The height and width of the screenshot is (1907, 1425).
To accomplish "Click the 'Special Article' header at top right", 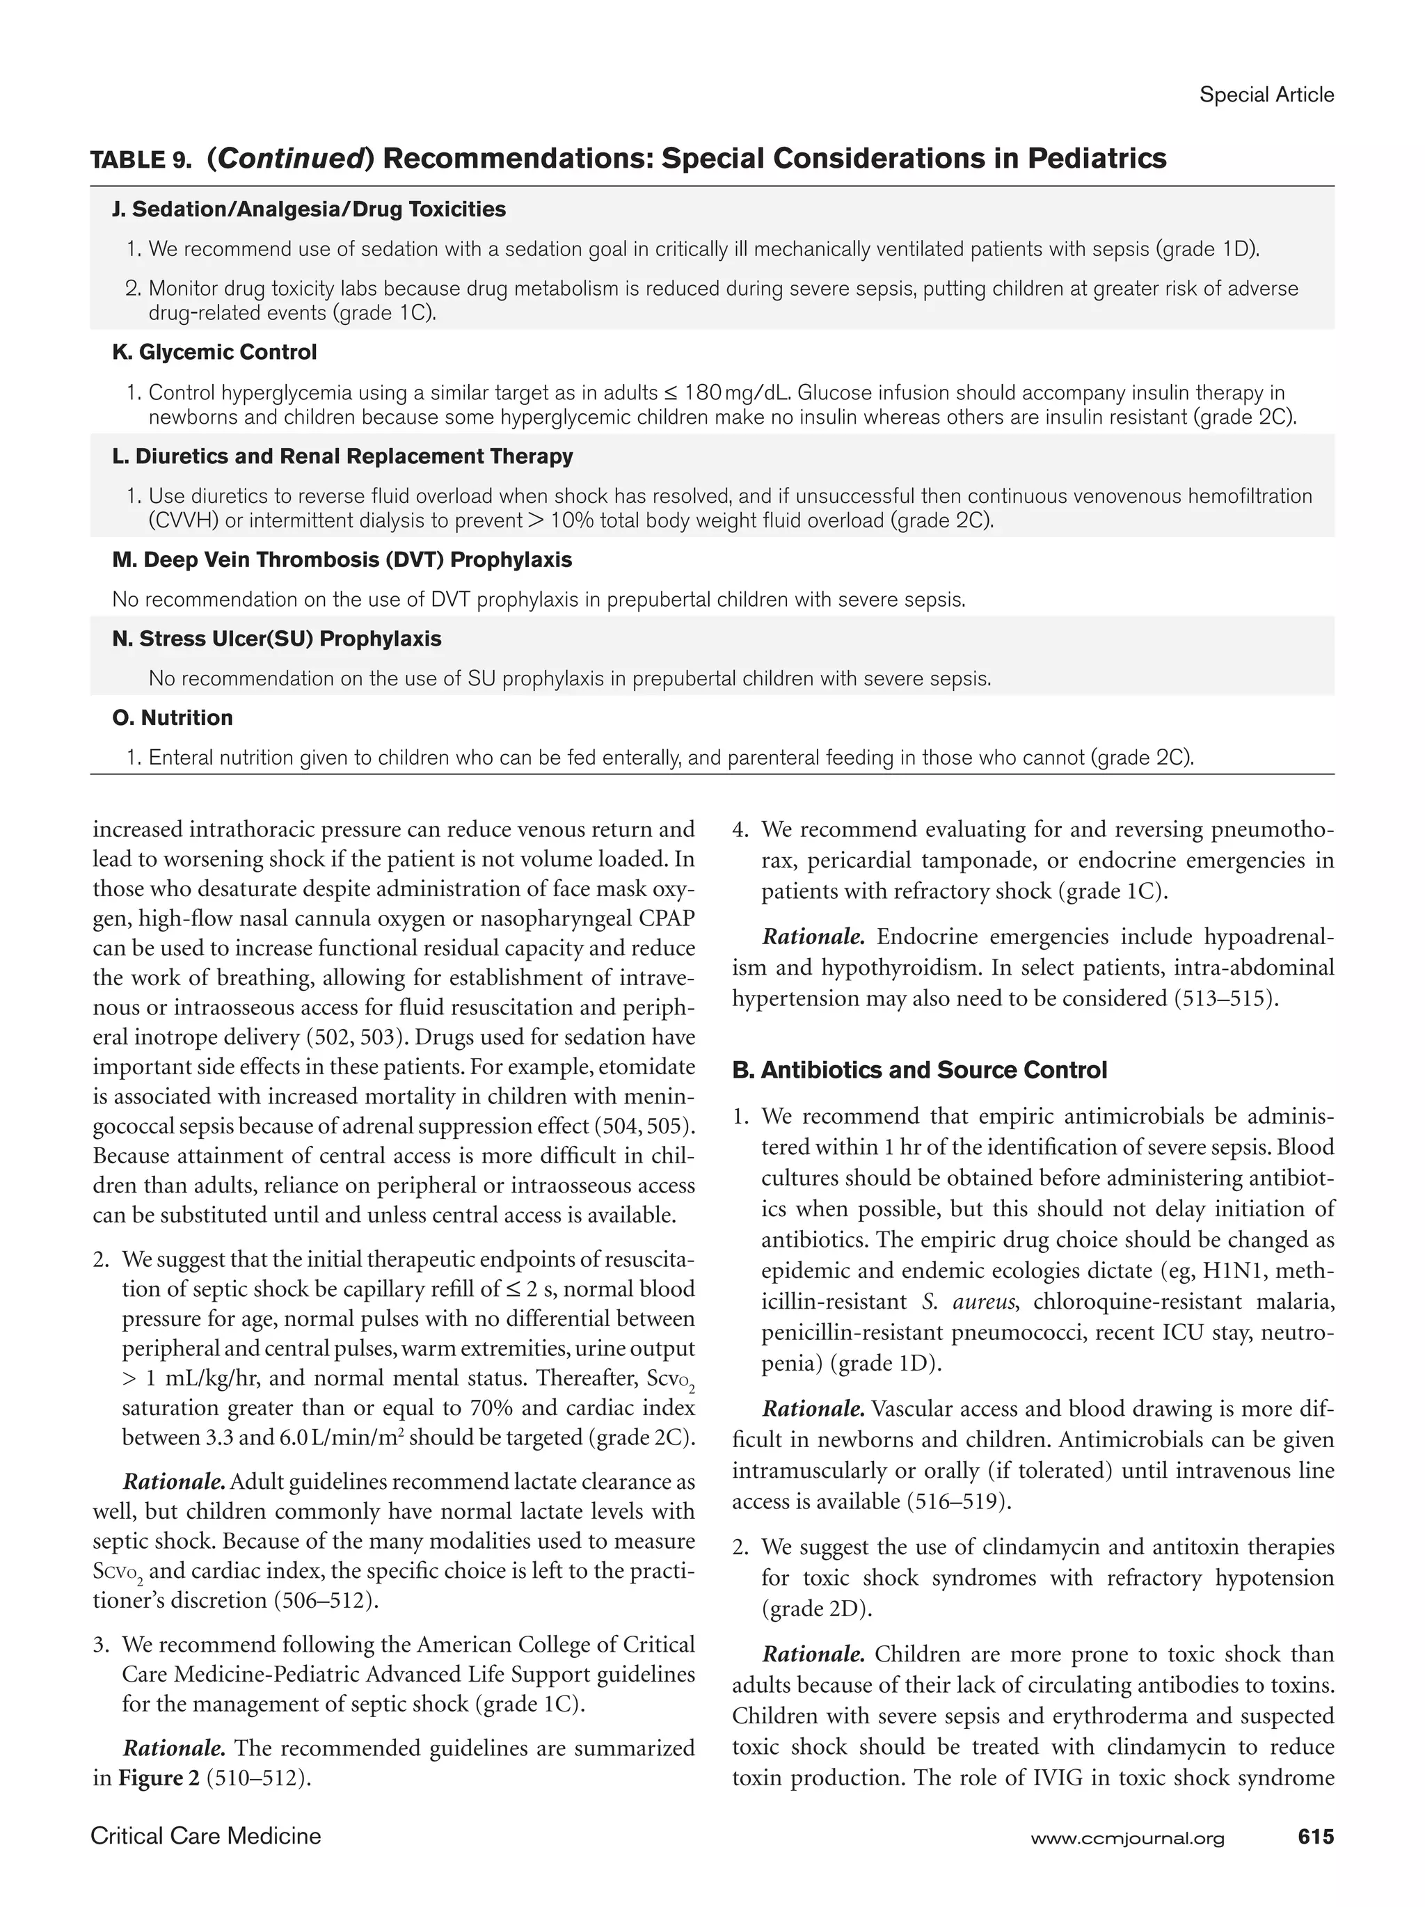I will (x=1266, y=95).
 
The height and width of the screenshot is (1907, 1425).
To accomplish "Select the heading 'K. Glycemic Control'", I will (x=215, y=352).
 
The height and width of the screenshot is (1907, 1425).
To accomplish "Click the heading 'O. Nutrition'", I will (x=173, y=717).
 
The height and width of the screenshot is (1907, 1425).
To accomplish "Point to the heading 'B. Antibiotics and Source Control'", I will (x=919, y=1070).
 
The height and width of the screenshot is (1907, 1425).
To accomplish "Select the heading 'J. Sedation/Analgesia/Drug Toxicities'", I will (x=309, y=209).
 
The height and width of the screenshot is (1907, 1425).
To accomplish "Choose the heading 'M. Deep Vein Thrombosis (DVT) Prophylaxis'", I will (x=342, y=559).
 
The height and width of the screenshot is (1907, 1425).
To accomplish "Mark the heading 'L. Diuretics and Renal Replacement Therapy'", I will (x=342, y=456).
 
